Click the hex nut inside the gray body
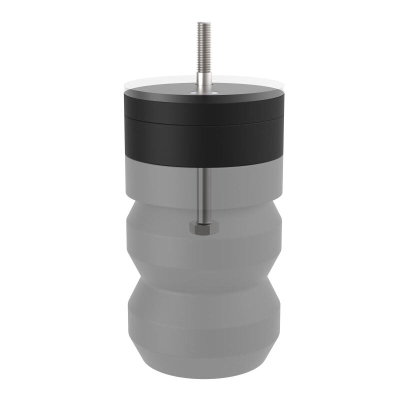point(203,228)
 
